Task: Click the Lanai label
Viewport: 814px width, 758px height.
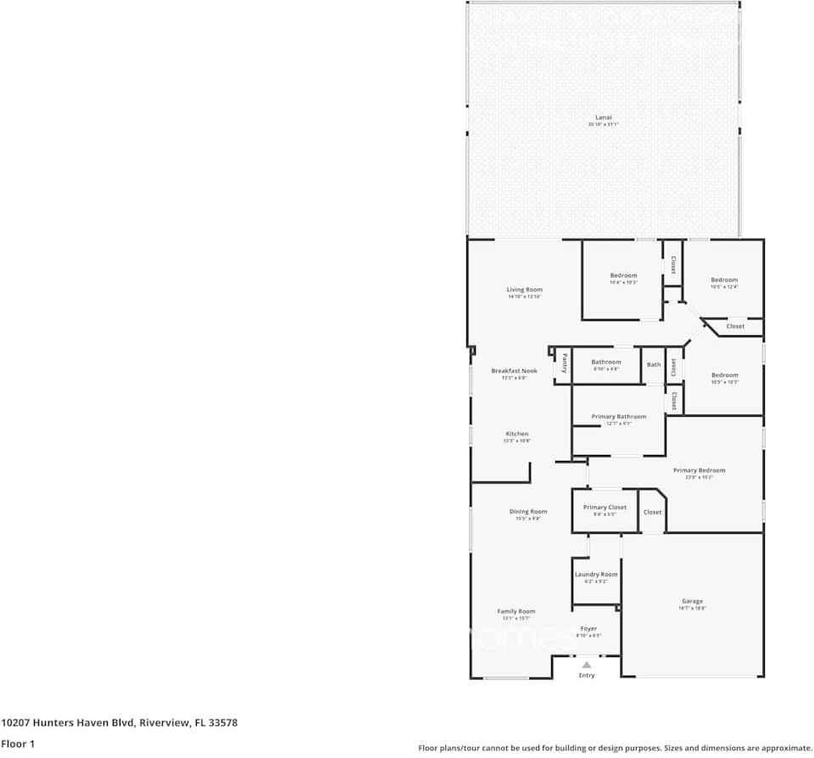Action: (x=603, y=118)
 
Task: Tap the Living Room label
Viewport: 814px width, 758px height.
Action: (x=524, y=289)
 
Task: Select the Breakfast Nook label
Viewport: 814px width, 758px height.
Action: (x=514, y=371)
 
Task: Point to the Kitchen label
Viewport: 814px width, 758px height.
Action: (x=516, y=434)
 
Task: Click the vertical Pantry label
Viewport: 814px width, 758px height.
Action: (x=564, y=363)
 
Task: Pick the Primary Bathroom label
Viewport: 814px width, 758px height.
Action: (x=619, y=417)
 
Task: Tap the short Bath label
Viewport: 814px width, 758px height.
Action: (x=654, y=365)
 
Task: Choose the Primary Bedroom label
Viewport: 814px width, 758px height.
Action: (x=699, y=470)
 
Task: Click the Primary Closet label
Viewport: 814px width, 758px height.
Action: (x=605, y=508)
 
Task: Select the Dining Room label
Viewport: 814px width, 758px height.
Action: (x=527, y=512)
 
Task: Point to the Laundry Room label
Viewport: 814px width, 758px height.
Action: (x=596, y=575)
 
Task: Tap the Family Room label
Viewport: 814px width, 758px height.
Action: (x=516, y=611)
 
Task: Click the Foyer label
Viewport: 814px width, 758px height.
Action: (x=588, y=629)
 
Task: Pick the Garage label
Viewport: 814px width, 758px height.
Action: (x=692, y=602)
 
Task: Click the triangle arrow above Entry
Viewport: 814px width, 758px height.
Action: (x=586, y=665)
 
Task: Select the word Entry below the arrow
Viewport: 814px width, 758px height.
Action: (x=587, y=676)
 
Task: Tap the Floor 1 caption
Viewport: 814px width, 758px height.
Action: (x=17, y=744)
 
